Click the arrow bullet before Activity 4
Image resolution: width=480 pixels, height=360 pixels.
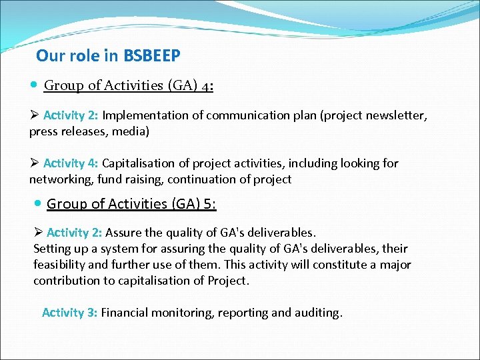point(34,163)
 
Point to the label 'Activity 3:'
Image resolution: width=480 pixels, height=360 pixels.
point(69,313)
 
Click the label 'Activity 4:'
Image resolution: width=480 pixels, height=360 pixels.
point(71,163)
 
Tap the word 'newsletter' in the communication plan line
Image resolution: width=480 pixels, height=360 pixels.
point(396,115)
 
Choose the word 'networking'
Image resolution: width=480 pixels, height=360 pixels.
point(61,179)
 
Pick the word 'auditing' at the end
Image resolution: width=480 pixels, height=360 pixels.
point(317,313)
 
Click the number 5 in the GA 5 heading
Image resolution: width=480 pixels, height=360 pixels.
point(208,204)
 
